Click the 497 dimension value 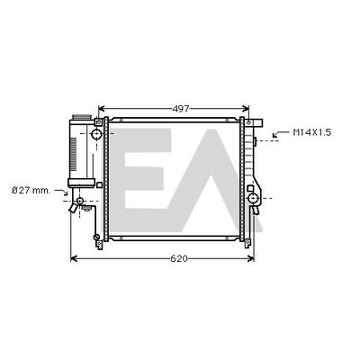181,109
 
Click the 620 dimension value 179,258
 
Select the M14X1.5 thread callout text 312,132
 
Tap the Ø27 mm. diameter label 31,190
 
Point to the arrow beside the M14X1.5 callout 280,134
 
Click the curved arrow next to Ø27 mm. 61,192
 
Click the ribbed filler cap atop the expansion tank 81,117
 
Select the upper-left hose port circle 96,134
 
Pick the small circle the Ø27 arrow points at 79,201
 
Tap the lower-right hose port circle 253,198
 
